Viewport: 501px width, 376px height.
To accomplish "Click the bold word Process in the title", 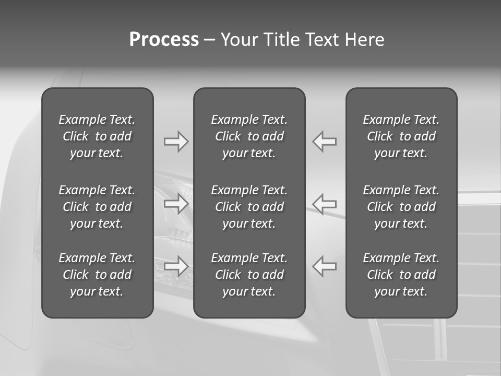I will tap(164, 40).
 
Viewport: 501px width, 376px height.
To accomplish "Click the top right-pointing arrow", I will tap(176, 142).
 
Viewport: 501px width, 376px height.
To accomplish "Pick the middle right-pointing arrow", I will tap(176, 204).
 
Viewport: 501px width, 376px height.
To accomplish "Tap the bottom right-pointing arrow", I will tap(176, 266).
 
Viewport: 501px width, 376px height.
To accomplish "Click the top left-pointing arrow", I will tap(325, 142).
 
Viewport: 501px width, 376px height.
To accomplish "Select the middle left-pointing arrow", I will tap(325, 204).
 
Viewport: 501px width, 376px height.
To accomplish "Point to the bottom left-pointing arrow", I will tap(325, 266).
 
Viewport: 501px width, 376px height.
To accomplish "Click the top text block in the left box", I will tap(97, 136).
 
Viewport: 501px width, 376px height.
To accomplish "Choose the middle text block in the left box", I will tap(97, 207).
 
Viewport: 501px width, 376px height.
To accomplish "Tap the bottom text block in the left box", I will tap(97, 275).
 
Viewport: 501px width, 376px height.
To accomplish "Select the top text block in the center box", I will tap(249, 136).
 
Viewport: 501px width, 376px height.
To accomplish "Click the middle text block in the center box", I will tap(249, 207).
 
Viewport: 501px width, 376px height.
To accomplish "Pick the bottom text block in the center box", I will tap(249, 275).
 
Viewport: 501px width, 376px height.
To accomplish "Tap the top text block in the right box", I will tap(401, 136).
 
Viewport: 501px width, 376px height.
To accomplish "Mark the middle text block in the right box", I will tap(401, 207).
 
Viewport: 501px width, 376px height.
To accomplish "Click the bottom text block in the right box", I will tap(401, 275).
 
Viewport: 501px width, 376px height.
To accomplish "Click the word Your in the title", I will tap(240, 40).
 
